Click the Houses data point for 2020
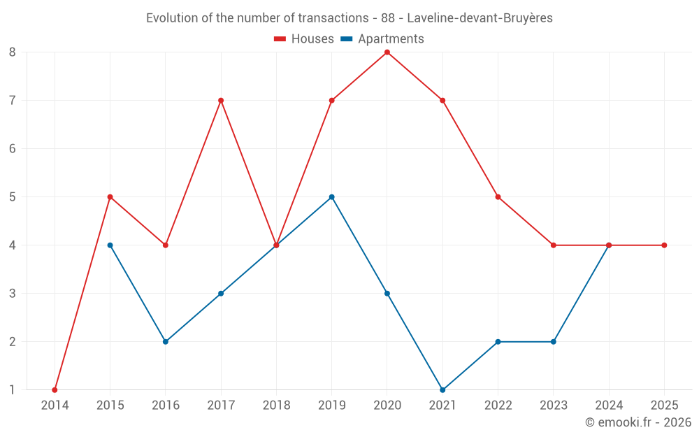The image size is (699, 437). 387,52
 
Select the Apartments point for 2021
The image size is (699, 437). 442,390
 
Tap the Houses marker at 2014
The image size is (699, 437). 55,390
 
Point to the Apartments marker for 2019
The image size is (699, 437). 332,197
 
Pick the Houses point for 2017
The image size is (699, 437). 221,101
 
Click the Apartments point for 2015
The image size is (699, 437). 110,245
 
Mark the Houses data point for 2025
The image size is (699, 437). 664,245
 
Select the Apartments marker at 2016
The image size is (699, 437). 166,342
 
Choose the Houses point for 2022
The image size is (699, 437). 498,197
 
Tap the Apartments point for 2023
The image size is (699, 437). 554,342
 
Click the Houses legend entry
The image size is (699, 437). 304,39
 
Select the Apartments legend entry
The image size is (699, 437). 382,39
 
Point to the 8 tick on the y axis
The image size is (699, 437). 13,52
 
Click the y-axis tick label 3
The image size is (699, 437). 13,294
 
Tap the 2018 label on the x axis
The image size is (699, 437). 276,406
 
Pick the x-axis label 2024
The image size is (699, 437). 609,406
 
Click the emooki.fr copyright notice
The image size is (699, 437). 637,422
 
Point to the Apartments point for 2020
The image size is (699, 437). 387,294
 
